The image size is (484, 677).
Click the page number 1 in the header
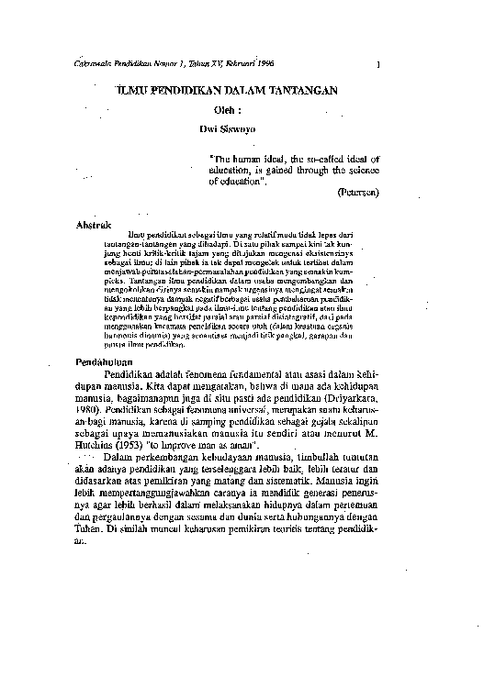tap(378, 63)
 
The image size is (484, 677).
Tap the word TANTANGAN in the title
tap(309, 91)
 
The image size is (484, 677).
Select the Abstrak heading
tap(93, 224)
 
